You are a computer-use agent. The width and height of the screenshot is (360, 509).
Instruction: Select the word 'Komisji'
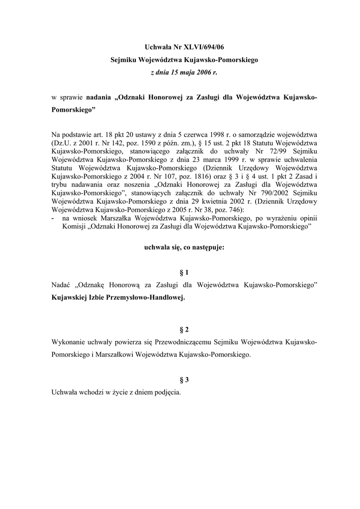coord(74,226)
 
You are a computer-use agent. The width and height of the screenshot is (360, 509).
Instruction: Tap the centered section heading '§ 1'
coord(184,272)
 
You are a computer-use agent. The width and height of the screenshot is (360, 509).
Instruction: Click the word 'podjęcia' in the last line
coord(167,392)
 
